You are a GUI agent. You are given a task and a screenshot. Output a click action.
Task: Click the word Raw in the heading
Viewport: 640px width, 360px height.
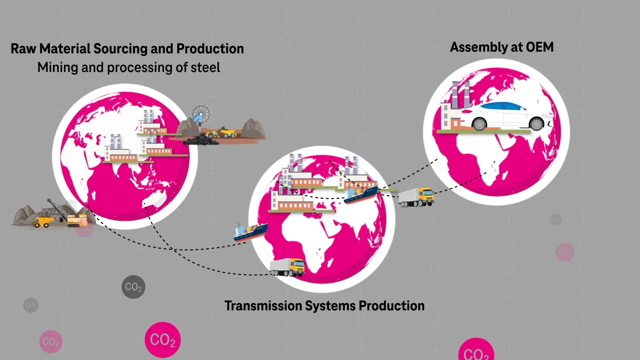coord(23,49)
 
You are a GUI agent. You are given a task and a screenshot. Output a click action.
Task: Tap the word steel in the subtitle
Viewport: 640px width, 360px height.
coord(205,68)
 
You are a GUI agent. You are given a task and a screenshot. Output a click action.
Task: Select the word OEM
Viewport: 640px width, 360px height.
coord(539,47)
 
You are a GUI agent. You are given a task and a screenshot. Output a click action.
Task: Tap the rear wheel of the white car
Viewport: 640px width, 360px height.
coord(479,124)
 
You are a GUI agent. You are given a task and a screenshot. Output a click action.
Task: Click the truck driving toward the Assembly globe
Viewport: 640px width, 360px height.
coord(417,197)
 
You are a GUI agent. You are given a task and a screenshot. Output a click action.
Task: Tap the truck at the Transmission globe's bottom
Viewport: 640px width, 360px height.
coord(288,267)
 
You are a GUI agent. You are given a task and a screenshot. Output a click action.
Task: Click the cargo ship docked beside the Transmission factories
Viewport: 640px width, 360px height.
coord(361,194)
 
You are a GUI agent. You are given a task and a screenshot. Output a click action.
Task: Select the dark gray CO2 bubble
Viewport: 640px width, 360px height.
coord(133,287)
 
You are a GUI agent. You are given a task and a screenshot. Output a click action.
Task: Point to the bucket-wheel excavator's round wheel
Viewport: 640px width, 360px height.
coord(201,114)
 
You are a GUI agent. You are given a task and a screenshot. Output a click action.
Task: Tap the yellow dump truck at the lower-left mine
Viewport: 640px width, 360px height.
coord(42,222)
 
